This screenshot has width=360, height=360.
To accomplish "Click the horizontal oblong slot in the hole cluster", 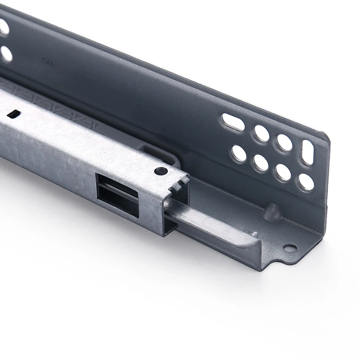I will (x=233, y=122).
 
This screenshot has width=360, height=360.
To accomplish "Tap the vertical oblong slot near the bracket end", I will (x=308, y=152).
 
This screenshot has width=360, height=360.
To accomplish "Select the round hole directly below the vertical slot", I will (x=306, y=182).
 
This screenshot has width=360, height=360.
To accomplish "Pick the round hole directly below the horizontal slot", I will (x=239, y=153).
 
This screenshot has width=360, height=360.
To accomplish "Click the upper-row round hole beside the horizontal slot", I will (x=261, y=133).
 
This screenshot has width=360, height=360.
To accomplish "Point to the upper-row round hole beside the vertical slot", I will (x=284, y=143).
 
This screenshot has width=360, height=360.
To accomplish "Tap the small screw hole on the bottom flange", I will (x=290, y=247).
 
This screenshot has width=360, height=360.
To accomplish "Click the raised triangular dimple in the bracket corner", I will (x=272, y=212).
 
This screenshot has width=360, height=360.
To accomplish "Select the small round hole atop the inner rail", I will (x=161, y=171).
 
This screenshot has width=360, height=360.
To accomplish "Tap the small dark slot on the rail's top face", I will (x=14, y=114).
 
